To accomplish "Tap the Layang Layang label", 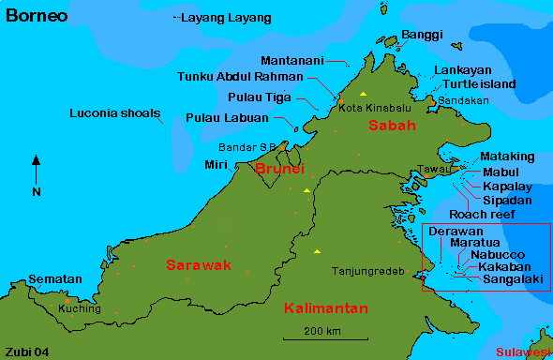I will (226, 18).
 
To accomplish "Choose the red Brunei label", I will (279, 169).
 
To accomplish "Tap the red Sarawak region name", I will (198, 265).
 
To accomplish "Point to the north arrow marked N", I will (37, 174).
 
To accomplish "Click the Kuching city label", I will (79, 308).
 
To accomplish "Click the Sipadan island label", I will (507, 201).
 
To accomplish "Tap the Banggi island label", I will (421, 36).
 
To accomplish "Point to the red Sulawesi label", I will (522, 352).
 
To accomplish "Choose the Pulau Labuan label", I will (228, 118).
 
